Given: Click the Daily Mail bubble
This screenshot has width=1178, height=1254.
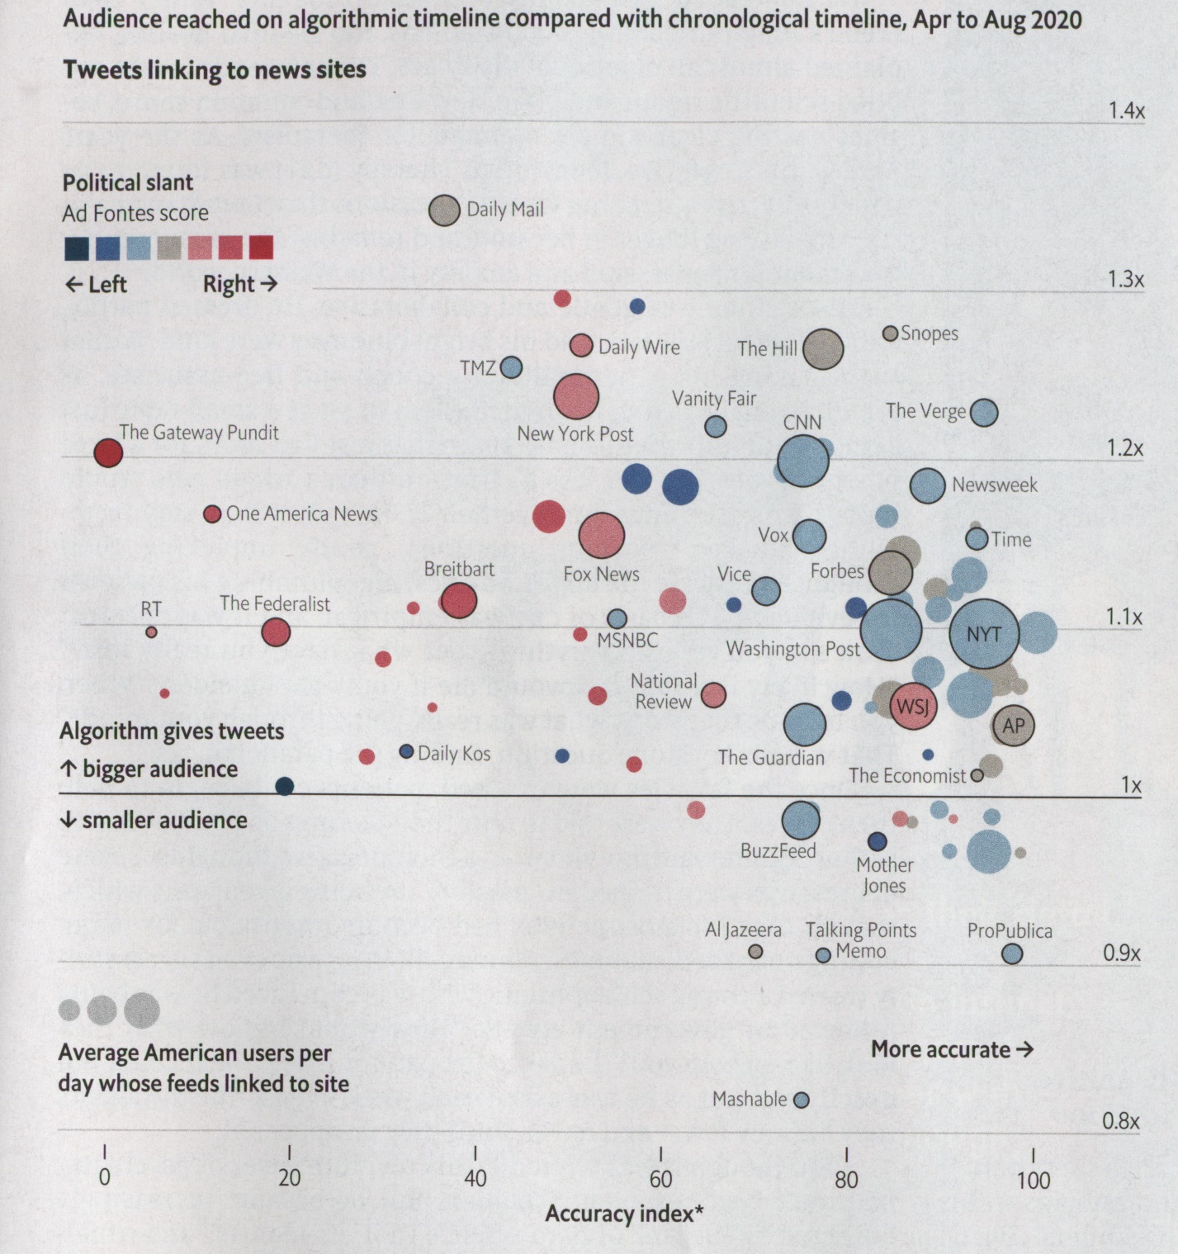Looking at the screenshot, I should [x=444, y=211].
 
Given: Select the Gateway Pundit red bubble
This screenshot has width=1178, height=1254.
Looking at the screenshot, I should [x=108, y=452].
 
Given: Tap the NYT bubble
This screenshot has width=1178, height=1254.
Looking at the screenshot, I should [x=983, y=634].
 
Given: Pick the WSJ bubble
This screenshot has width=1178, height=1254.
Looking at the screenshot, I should [x=913, y=707].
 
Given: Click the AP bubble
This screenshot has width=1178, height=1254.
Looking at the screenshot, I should [x=1013, y=726].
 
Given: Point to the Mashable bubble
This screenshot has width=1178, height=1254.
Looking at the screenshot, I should [x=801, y=1100].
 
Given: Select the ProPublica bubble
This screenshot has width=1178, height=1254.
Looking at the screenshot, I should [x=1011, y=954].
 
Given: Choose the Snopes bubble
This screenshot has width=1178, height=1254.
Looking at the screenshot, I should [x=890, y=334].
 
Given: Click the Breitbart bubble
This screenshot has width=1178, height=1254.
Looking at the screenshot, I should [x=459, y=600].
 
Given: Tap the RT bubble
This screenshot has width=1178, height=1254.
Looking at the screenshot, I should [x=151, y=632].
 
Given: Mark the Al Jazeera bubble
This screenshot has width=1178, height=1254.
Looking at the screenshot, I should [x=755, y=952].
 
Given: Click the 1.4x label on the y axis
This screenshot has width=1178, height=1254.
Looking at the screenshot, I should [x=1126, y=111].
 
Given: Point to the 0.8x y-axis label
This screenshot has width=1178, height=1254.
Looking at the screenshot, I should [x=1120, y=1121].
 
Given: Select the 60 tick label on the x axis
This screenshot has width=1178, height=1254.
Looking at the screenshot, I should [x=660, y=1179].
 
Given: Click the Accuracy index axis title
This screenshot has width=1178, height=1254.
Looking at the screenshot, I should [x=624, y=1214].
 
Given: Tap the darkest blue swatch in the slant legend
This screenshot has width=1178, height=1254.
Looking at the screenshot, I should [x=77, y=248].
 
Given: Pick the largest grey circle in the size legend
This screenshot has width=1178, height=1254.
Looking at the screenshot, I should [x=142, y=1010].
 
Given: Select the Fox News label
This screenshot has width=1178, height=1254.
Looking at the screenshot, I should [x=601, y=574].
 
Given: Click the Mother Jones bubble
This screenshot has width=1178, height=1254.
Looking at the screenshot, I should [x=877, y=841].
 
